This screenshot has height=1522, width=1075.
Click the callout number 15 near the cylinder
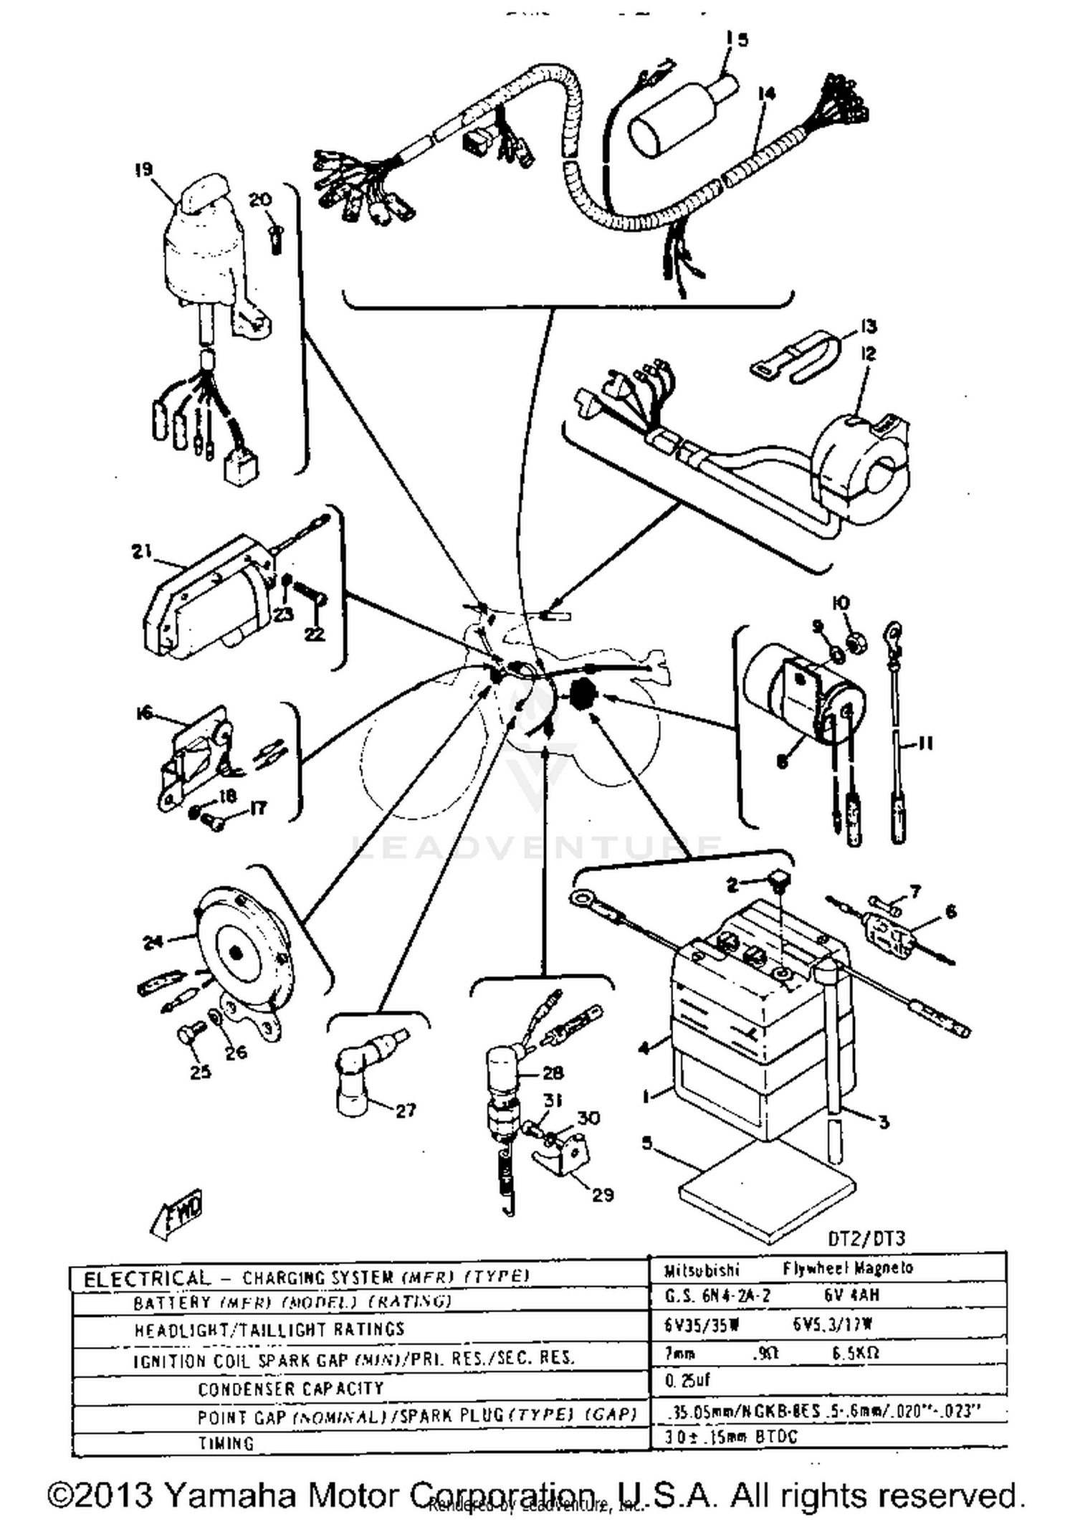coord(736,39)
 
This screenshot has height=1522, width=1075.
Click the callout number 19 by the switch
coord(143,170)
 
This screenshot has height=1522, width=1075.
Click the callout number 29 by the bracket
coord(603,1194)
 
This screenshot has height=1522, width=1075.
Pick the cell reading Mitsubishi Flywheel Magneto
coord(828,1268)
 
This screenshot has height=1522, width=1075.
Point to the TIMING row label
coord(226,1443)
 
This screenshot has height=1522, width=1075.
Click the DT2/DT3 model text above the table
coord(866,1238)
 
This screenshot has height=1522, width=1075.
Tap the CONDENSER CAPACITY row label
coord(291,1388)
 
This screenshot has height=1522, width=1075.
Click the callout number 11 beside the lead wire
coord(924,744)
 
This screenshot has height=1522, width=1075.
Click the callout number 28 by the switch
coord(553,1072)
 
